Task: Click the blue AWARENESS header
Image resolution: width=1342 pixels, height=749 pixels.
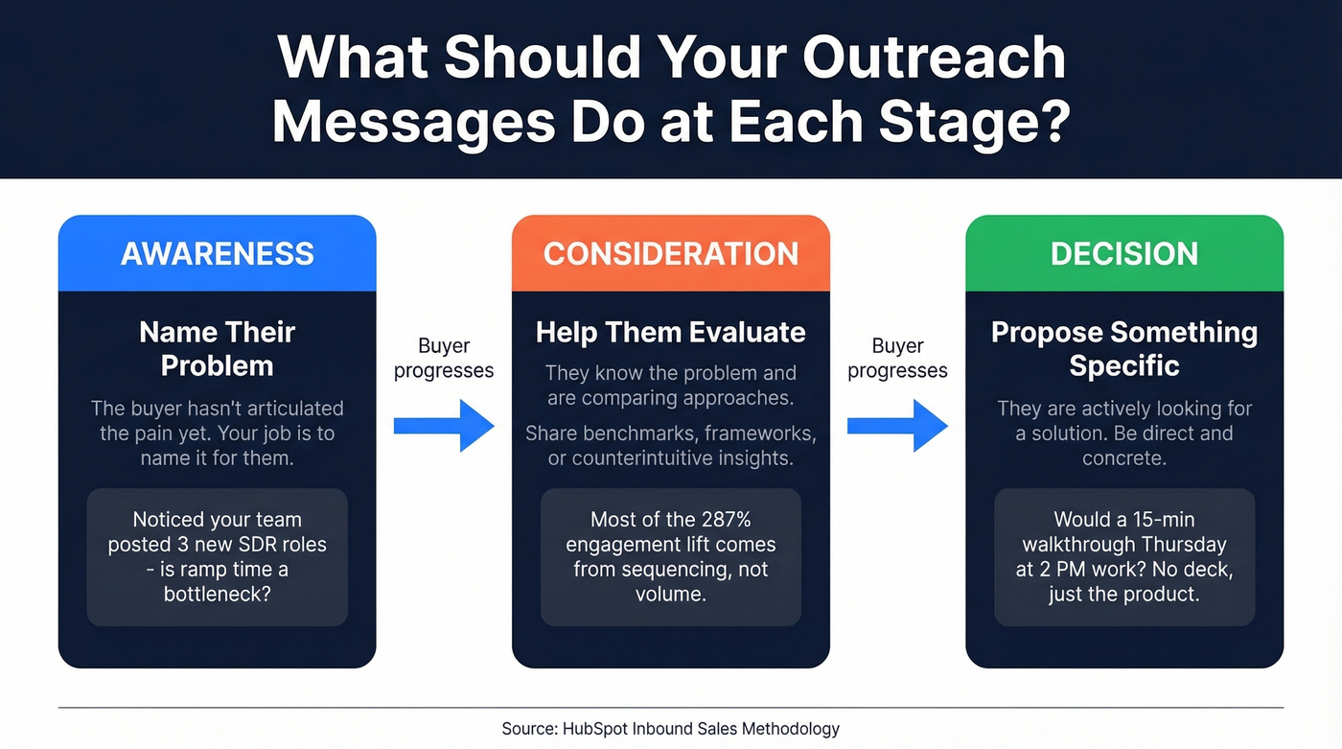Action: coord(217,254)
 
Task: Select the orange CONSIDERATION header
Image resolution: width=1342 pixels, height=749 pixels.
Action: coord(670,254)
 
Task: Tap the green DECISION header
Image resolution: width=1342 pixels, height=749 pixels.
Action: coord(1123,254)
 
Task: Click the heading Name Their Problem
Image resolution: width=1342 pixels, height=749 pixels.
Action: coord(217,348)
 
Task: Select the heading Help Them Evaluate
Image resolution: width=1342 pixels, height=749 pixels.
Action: coord(670,332)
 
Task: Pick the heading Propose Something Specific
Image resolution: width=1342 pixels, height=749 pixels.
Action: coord(1123,348)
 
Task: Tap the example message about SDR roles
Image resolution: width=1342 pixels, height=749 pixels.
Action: coord(217,557)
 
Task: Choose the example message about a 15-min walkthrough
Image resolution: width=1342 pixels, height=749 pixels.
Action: coord(1123,557)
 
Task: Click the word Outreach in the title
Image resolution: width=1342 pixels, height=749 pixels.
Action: coord(934,59)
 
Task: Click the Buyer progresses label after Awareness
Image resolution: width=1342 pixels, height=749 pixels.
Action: coord(444,358)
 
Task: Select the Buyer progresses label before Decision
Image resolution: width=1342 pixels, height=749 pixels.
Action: coord(897,358)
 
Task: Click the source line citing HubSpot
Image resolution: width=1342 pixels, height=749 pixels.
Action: coord(670,729)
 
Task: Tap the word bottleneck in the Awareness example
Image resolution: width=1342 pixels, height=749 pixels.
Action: coord(217,595)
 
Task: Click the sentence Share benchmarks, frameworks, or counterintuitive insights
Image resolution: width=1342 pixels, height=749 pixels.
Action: coord(670,446)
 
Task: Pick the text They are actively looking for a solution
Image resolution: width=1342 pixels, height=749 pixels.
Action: coord(1123,421)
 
